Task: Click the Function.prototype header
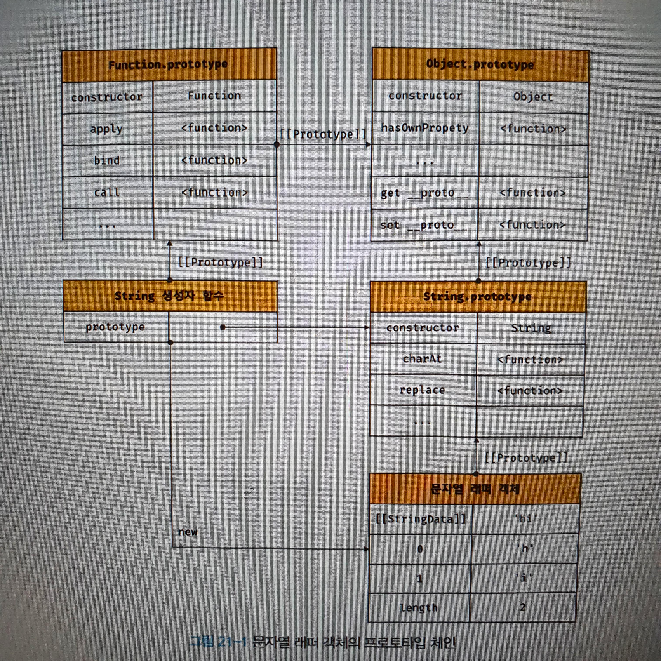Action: point(168,64)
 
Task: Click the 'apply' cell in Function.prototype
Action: point(106,129)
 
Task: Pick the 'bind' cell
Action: point(107,160)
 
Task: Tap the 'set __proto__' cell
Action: point(424,225)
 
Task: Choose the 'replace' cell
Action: point(422,390)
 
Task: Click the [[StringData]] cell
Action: point(421,519)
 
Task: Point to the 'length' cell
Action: point(419,608)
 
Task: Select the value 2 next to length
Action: point(522,607)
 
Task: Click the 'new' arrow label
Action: point(188,532)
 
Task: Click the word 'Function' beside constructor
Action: point(214,96)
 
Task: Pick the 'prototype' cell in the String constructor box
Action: point(115,327)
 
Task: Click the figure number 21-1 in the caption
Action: point(232,642)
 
